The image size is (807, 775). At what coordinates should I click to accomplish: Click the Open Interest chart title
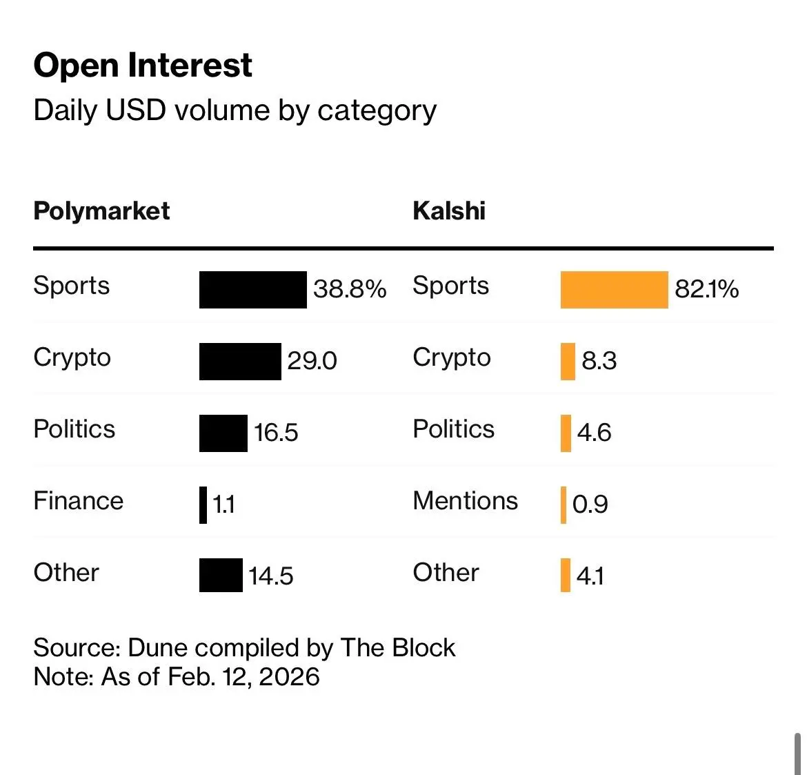pyautogui.click(x=143, y=66)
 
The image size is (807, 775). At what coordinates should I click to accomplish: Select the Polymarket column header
pyautogui.click(x=101, y=211)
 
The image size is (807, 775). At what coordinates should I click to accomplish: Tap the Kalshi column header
pyautogui.click(x=449, y=211)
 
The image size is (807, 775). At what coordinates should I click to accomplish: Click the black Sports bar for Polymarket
pyautogui.click(x=252, y=290)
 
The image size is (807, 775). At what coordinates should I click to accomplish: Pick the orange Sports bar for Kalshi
pyautogui.click(x=614, y=290)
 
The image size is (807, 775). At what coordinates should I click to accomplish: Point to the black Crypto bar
pyautogui.click(x=240, y=362)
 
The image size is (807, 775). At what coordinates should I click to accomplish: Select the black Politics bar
pyautogui.click(x=223, y=433)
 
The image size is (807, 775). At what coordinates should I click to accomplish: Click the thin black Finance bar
pyautogui.click(x=203, y=505)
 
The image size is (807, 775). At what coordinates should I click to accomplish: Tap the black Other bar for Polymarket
pyautogui.click(x=221, y=576)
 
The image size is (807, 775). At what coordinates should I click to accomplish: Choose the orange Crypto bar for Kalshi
pyautogui.click(x=568, y=362)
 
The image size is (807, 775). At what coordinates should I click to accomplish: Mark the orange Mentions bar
pyautogui.click(x=564, y=505)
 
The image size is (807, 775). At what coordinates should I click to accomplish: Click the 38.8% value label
pyautogui.click(x=350, y=289)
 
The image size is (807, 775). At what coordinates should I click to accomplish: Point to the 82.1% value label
pyautogui.click(x=706, y=289)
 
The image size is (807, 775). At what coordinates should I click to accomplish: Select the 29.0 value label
pyautogui.click(x=312, y=361)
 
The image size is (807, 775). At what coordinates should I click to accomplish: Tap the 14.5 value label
pyautogui.click(x=270, y=576)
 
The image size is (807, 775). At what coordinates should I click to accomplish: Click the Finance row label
pyautogui.click(x=78, y=501)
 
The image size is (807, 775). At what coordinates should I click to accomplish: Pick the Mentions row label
pyautogui.click(x=465, y=501)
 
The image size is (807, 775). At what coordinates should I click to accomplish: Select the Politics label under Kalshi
pyautogui.click(x=453, y=429)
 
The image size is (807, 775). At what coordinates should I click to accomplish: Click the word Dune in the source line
pyautogui.click(x=158, y=648)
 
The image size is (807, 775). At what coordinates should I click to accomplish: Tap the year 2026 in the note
pyautogui.click(x=289, y=677)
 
